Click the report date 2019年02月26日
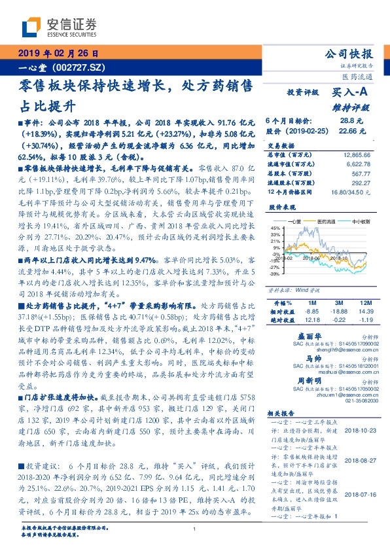tap(58, 54)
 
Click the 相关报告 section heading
tap(282, 414)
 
